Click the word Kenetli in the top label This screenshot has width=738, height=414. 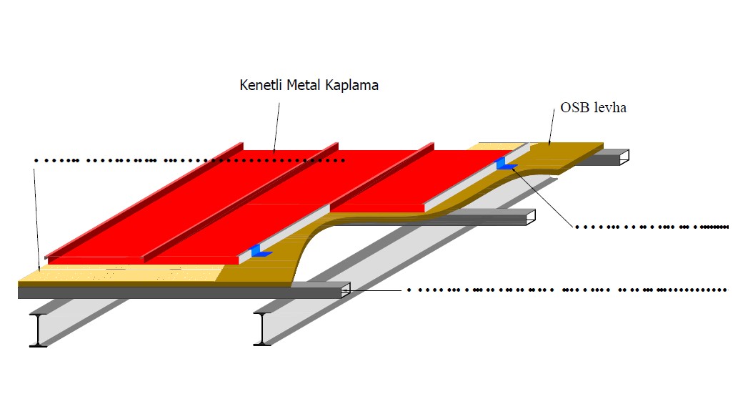coord(261,86)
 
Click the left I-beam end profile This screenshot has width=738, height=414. coord(39,330)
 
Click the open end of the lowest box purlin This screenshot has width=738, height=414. coord(346,289)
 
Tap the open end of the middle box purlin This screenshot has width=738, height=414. coord(531,218)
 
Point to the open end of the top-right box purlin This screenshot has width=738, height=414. coord(624,157)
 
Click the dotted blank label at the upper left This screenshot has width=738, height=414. coord(189,160)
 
